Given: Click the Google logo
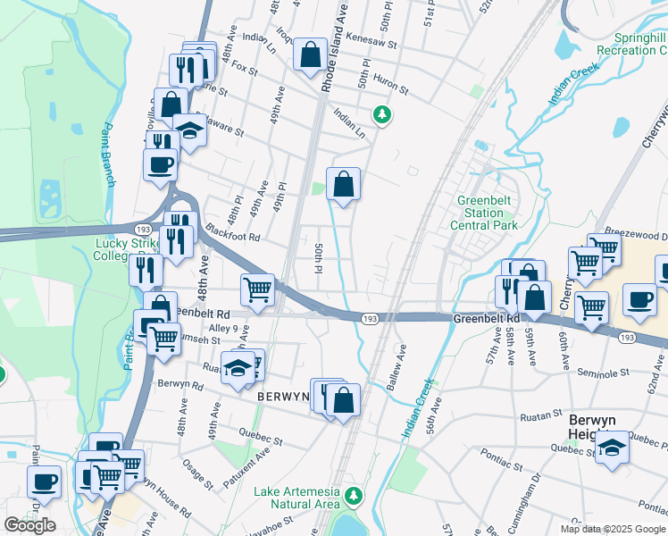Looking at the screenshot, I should point(30,525).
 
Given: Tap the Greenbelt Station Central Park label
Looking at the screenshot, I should point(488,214).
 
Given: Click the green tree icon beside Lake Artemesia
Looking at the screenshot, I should point(355,495).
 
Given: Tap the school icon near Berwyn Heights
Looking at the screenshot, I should point(613,447).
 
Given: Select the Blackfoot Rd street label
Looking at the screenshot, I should point(230,238).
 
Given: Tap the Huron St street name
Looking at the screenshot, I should point(391,84).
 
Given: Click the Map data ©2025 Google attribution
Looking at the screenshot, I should point(612,528).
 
